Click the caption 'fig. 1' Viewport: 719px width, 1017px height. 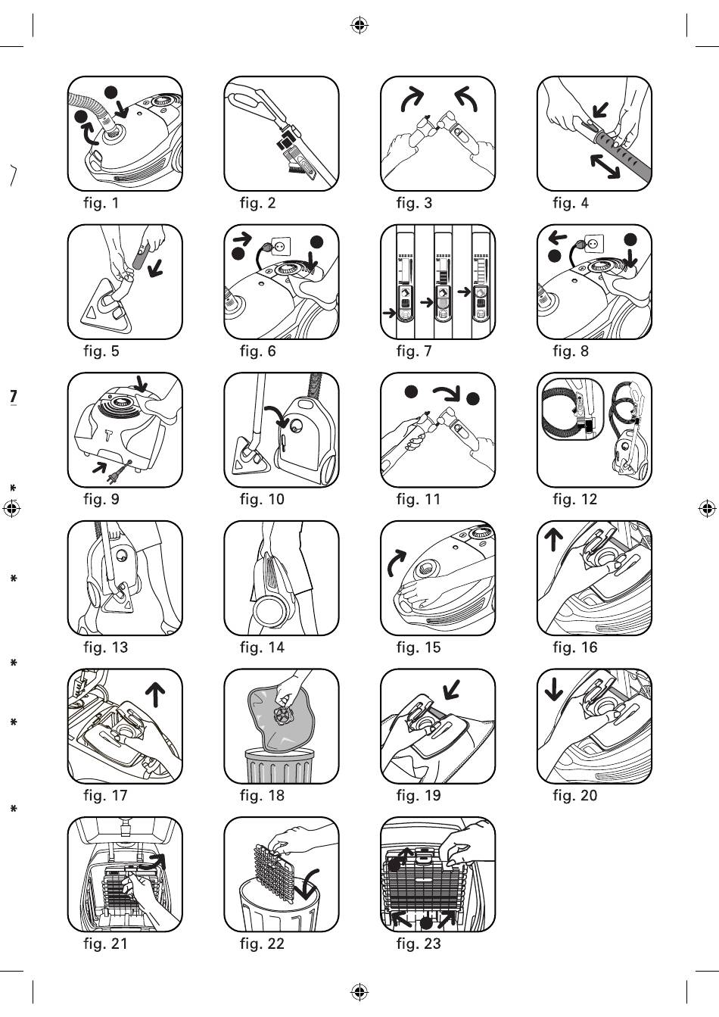tap(101, 203)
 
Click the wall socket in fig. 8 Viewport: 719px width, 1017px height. tap(594, 245)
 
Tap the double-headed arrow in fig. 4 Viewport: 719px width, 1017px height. tap(604, 165)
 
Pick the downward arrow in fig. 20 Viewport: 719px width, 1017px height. tap(554, 688)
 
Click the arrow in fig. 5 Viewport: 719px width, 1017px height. tap(155, 267)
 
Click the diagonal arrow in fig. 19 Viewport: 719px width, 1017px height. tap(451, 688)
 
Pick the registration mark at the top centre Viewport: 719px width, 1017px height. tap(359, 26)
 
